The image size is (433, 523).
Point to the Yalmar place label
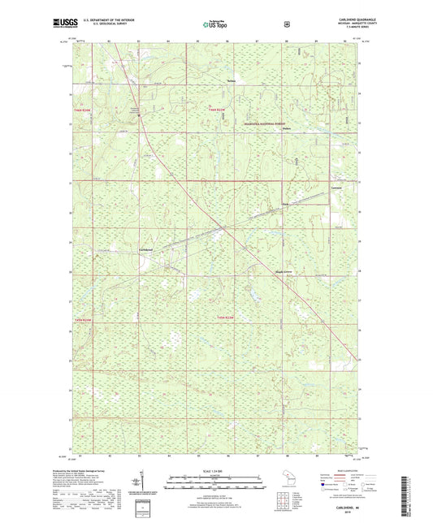[x=230, y=81]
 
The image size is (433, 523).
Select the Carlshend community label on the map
[x=146, y=249]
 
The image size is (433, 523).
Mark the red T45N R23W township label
[x=225, y=317]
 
